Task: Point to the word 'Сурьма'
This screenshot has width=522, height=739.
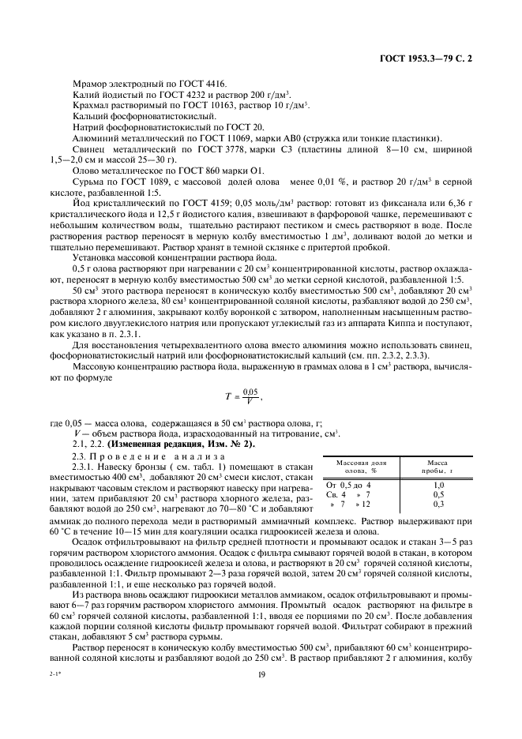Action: [x=87, y=181]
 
